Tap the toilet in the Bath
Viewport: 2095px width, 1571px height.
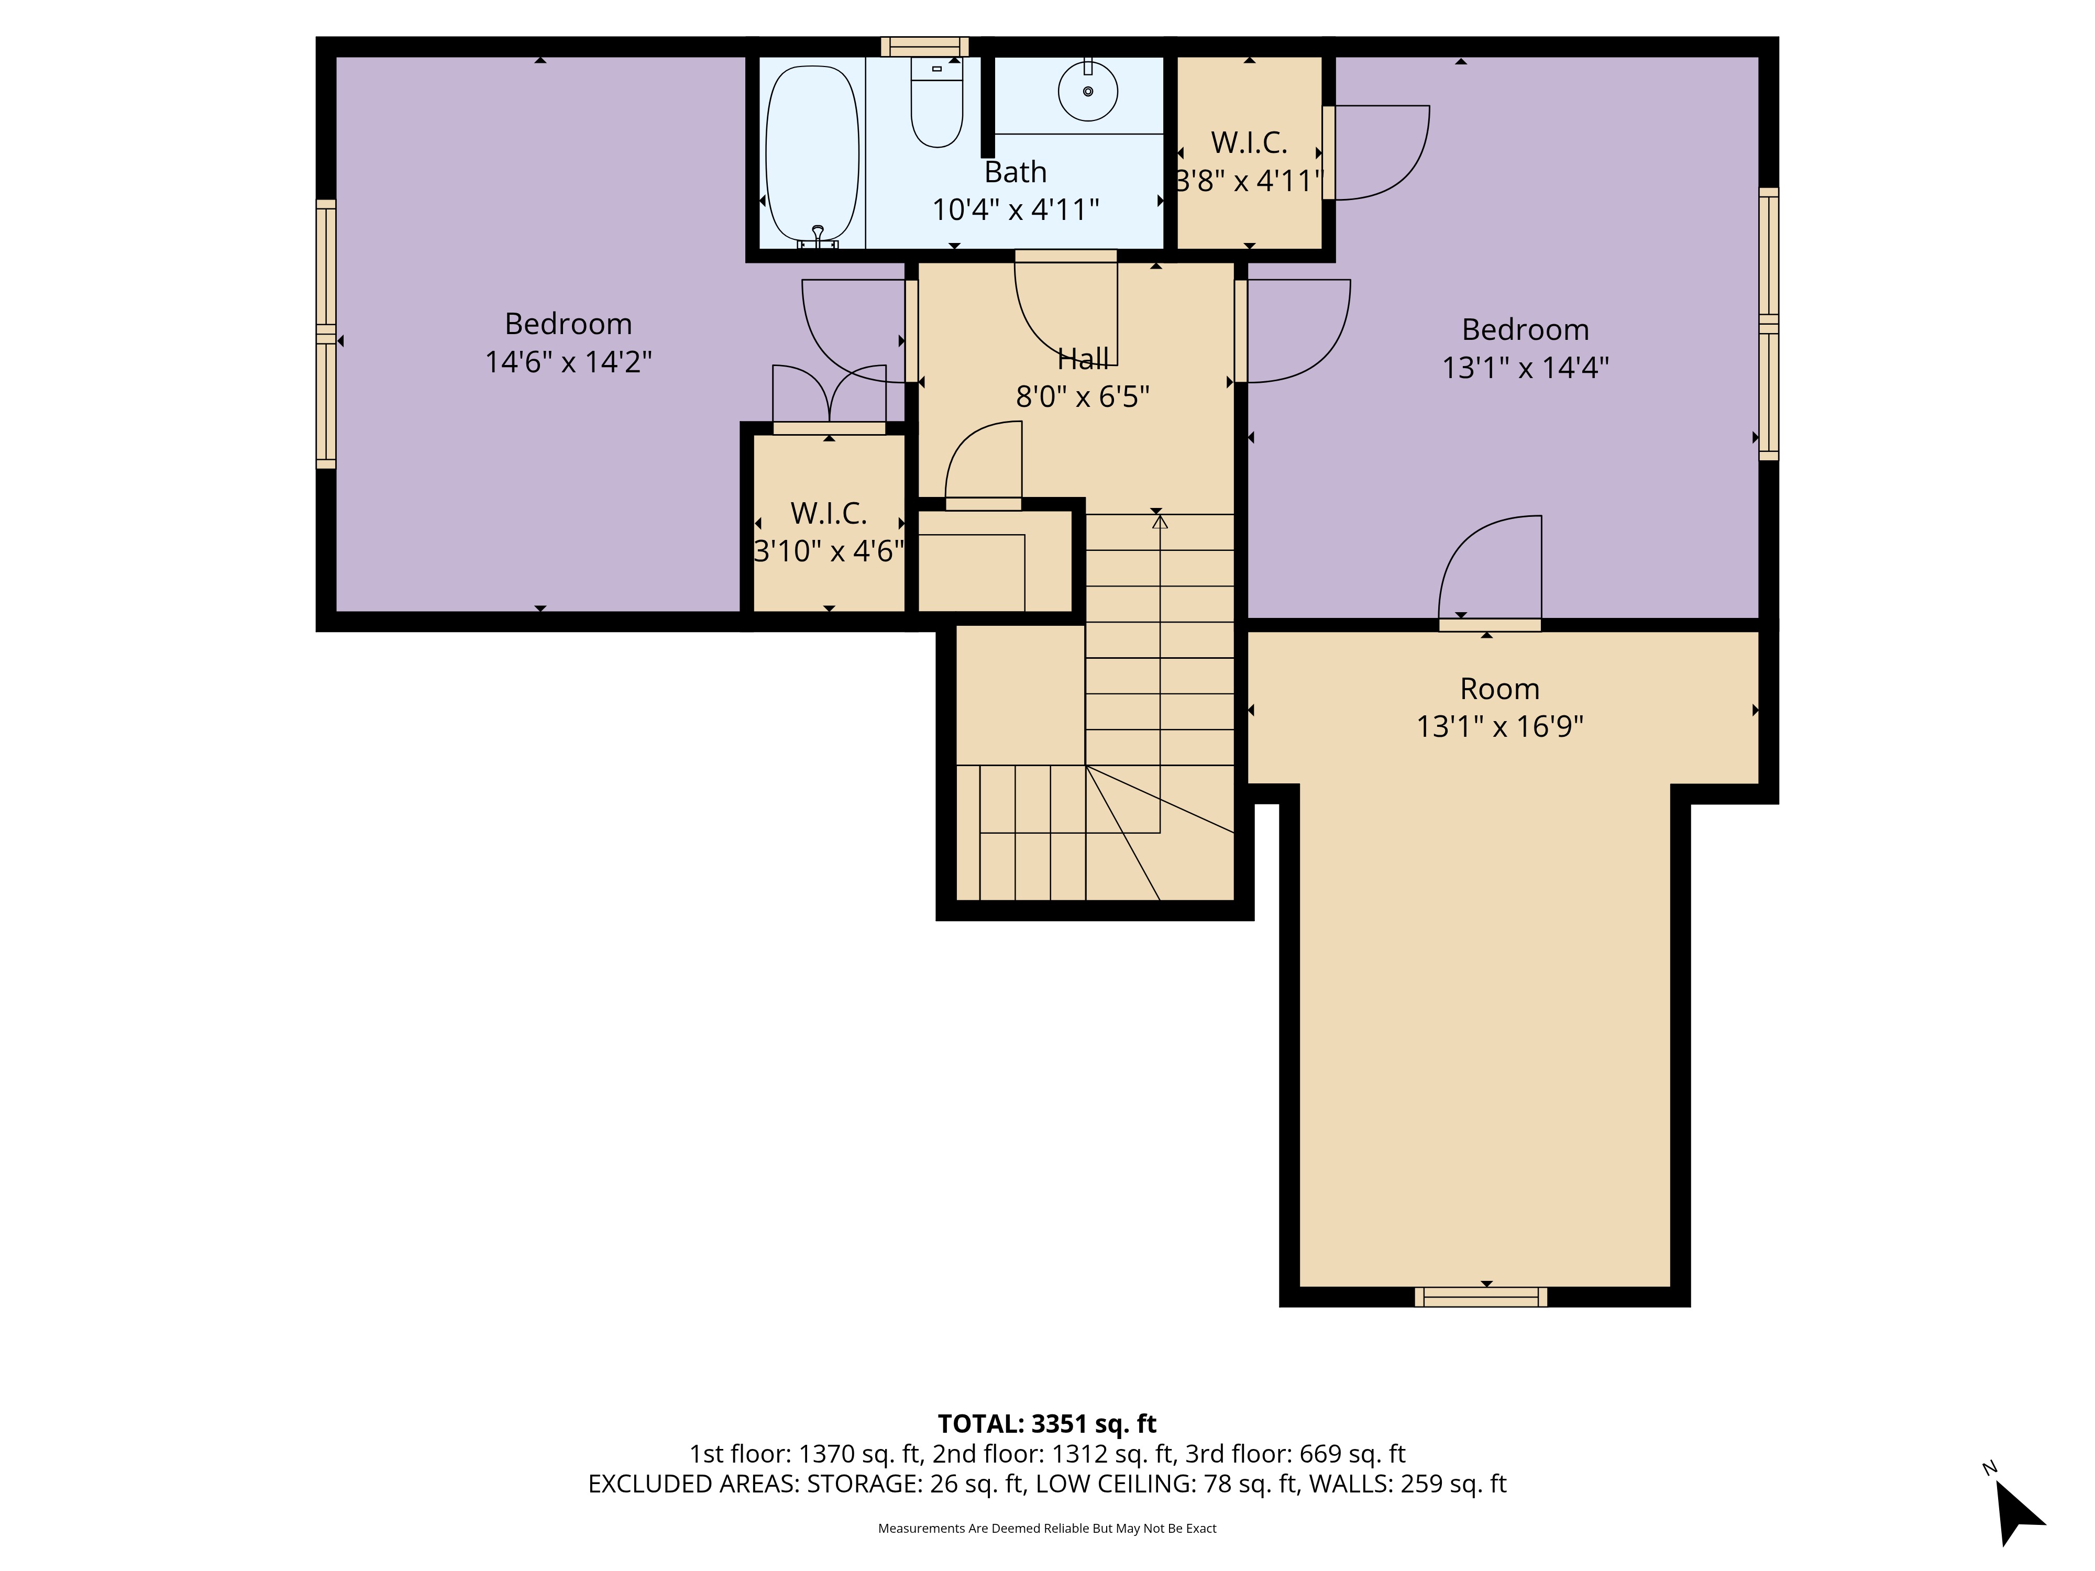coord(936,104)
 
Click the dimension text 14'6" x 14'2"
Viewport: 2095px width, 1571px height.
coord(568,362)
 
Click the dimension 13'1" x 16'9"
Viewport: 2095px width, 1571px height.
coord(1499,726)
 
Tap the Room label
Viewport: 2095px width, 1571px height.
coord(1499,689)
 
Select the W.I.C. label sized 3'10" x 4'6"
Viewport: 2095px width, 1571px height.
coord(829,513)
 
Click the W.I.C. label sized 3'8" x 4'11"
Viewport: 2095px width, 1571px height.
coord(1248,143)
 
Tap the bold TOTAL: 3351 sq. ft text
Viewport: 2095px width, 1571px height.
coord(1046,1424)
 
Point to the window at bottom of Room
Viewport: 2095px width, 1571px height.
coord(1480,1297)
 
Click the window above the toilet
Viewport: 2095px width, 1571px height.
coord(924,47)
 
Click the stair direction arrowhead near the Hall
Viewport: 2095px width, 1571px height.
coord(1159,522)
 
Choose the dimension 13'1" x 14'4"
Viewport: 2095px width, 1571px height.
coord(1525,368)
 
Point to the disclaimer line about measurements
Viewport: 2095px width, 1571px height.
coord(1046,1529)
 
